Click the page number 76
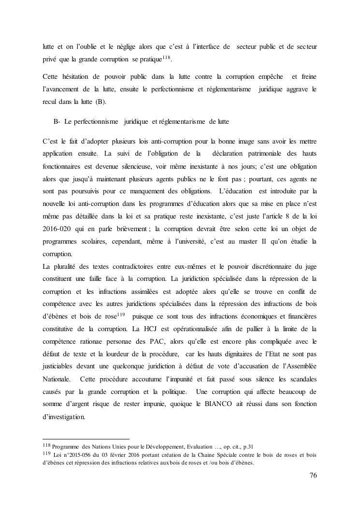313,475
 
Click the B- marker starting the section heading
57,121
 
